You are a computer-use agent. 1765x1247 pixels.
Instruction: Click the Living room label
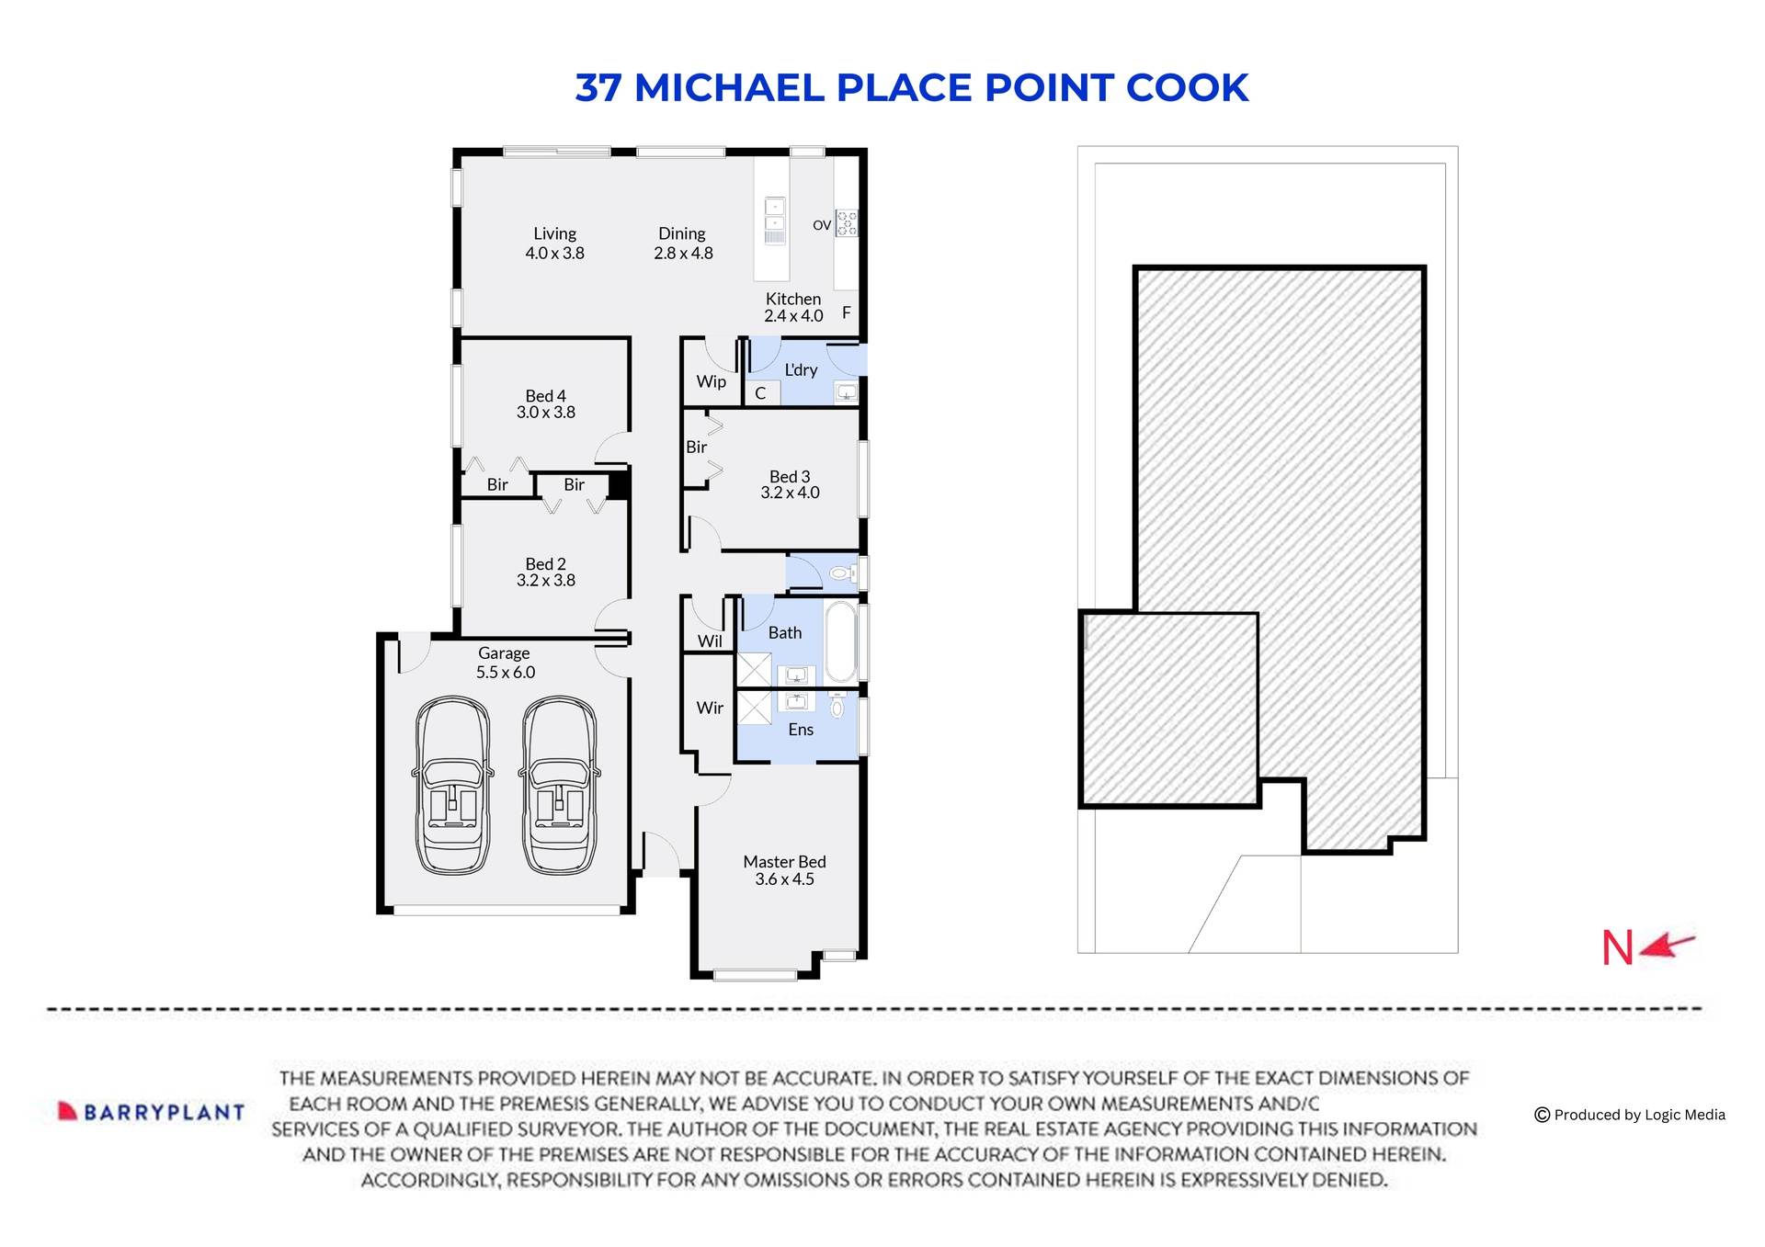click(x=554, y=234)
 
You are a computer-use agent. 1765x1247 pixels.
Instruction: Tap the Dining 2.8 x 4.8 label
click(x=682, y=244)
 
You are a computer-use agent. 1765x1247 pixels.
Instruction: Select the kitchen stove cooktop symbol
click(x=846, y=223)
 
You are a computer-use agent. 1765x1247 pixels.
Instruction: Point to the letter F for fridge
click(x=846, y=312)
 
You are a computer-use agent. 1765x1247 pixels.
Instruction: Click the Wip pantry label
click(x=711, y=381)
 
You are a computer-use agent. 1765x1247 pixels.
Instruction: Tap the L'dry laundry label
click(x=800, y=369)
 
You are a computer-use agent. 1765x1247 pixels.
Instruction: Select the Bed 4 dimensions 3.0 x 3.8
click(x=545, y=413)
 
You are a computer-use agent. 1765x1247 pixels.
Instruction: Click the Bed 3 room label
click(x=790, y=476)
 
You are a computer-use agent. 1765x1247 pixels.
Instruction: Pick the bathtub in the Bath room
click(x=840, y=641)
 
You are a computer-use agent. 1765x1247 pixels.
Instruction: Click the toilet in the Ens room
click(x=837, y=707)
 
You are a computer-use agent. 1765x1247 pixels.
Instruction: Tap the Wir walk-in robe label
click(x=710, y=708)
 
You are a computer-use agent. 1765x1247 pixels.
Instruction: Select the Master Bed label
click(x=784, y=862)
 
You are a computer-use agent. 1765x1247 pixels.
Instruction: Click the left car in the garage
click(x=451, y=786)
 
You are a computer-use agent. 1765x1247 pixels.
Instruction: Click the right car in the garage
click(x=559, y=786)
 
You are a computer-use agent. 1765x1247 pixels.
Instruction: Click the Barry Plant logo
click(x=152, y=1112)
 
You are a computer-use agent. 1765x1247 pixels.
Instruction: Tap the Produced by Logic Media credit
click(x=1630, y=1115)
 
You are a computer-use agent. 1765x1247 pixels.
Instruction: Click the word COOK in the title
click(x=1187, y=88)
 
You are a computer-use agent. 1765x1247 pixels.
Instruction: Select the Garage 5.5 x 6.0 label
click(x=505, y=663)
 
